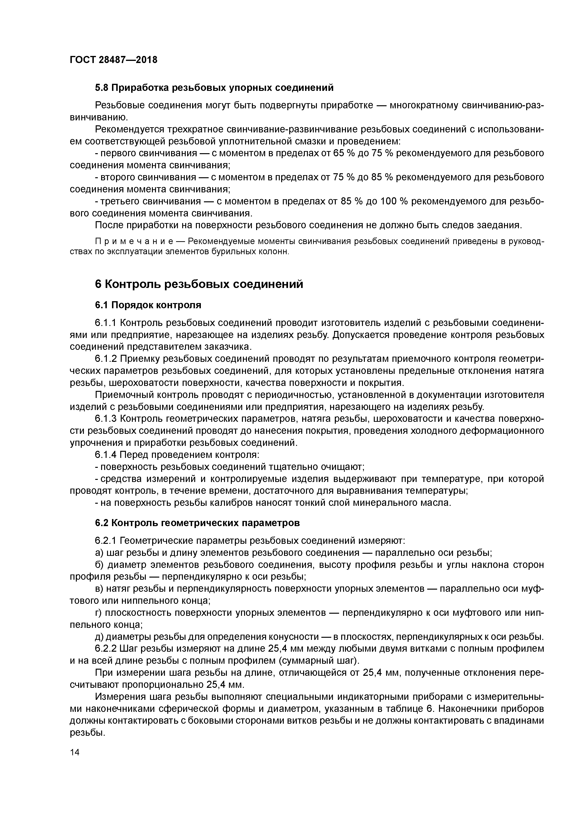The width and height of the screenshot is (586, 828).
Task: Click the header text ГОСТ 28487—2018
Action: pos(113,60)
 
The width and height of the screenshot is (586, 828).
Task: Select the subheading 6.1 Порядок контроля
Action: pos(148,305)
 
